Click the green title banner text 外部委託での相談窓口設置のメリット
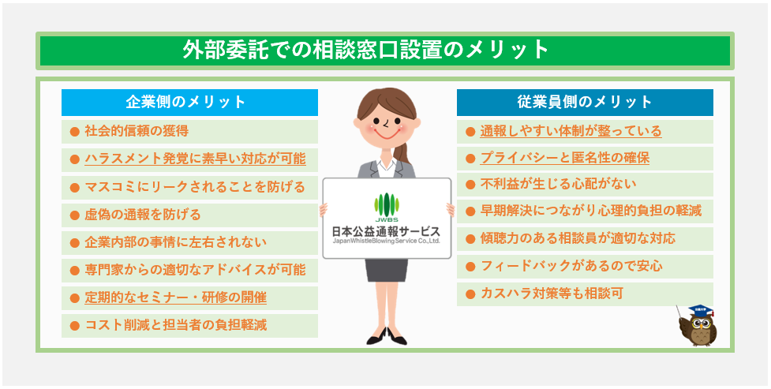pyautogui.click(x=365, y=50)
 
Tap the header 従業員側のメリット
pyautogui.click(x=585, y=102)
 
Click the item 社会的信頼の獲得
pyautogui.click(x=137, y=131)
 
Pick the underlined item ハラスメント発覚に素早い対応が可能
pyautogui.click(x=195, y=159)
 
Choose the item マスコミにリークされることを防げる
pyautogui.click(x=195, y=187)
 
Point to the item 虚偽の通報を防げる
pyautogui.click(x=143, y=215)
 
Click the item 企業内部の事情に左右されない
pyautogui.click(x=175, y=242)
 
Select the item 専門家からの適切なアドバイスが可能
pyautogui.click(x=195, y=270)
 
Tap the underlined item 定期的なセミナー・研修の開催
pyautogui.click(x=175, y=297)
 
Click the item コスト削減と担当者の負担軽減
pyautogui.click(x=175, y=325)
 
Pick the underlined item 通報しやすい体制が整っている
pyautogui.click(x=571, y=131)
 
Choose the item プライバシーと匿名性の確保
pyautogui.click(x=564, y=158)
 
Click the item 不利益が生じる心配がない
pyautogui.click(x=558, y=184)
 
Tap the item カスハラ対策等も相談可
pyautogui.click(x=552, y=294)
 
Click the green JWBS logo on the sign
pyautogui.click(x=387, y=207)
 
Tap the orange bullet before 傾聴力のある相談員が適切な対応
pyautogui.click(x=470, y=239)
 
